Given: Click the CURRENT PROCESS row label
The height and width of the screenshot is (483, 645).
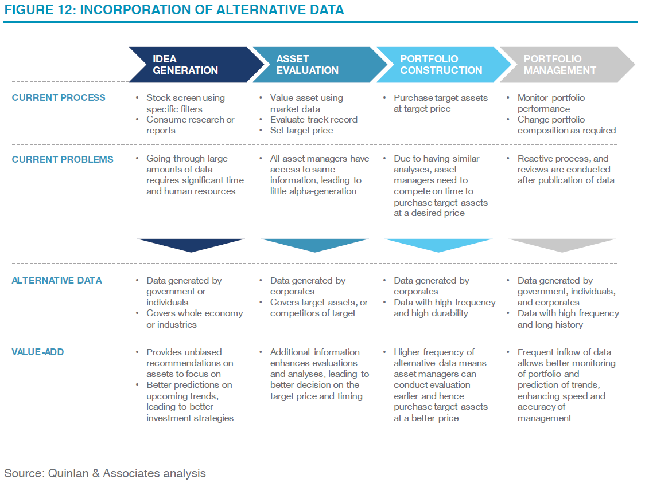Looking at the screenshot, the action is coord(59,97).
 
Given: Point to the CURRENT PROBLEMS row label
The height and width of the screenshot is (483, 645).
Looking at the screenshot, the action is coord(63,159).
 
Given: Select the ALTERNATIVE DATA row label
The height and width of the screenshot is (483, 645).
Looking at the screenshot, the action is coord(57,280).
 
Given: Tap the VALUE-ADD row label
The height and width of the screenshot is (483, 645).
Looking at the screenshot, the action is coord(38,352).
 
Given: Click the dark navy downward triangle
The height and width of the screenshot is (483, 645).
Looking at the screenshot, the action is coord(191,245).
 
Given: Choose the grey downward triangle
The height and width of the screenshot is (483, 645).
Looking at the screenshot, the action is coord(562,245).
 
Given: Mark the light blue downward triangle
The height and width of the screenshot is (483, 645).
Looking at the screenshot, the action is coord(438,245).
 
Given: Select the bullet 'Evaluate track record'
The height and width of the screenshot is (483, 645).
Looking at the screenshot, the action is coord(313,120).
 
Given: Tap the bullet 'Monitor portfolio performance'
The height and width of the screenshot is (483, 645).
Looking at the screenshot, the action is coord(550,103).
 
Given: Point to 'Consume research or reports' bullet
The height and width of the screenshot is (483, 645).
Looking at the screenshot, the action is coord(189,125).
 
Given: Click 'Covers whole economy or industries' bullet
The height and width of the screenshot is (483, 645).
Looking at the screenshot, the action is coord(193,319).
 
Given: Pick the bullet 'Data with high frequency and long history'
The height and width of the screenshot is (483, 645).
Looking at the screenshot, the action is coord(567,319).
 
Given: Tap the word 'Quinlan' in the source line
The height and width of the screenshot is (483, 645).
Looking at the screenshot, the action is coord(67,473).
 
